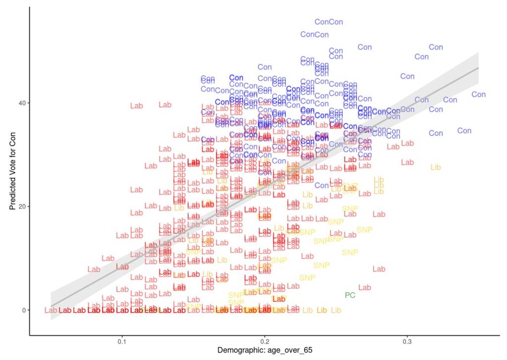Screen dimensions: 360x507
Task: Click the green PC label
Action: [x=350, y=295]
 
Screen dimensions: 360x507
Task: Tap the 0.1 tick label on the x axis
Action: [x=122, y=341]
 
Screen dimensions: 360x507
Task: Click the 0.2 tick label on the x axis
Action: [x=265, y=341]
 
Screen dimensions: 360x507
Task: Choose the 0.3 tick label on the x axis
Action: [x=407, y=341]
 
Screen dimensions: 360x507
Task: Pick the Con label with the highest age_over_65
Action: [x=479, y=94]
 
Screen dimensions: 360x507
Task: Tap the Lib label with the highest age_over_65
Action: [x=436, y=167]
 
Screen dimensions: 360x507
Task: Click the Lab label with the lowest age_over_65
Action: [x=51, y=310]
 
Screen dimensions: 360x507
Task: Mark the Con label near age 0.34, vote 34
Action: [x=464, y=131]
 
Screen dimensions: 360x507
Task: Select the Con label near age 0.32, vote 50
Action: [x=436, y=47]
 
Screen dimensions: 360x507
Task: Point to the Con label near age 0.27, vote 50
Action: [x=364, y=47]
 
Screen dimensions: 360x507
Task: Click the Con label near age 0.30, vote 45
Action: [x=407, y=76]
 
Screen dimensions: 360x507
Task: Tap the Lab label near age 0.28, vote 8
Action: [x=379, y=269]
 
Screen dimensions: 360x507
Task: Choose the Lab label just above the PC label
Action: [x=364, y=287]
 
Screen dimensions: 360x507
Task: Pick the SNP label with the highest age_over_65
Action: [x=364, y=230]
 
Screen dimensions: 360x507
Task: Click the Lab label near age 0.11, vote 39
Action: [x=136, y=105]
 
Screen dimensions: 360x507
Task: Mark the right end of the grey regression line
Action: [x=478, y=68]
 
